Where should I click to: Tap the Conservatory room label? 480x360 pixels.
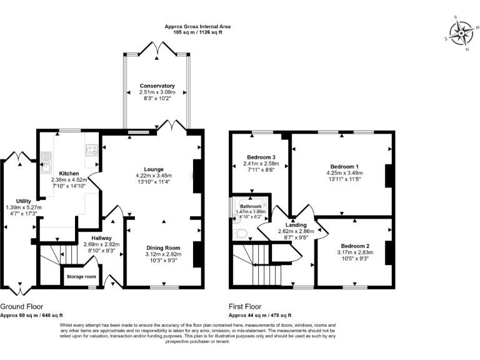[x=157, y=86]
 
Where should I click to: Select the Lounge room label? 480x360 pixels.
[x=154, y=169]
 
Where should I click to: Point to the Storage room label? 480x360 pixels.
[x=82, y=277]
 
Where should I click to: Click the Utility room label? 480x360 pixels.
[x=14, y=201]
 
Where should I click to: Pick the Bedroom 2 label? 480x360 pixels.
[x=356, y=246]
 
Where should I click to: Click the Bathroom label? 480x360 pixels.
[x=251, y=206]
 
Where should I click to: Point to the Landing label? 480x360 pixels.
[x=296, y=225]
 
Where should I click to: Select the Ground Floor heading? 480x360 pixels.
[x=22, y=306]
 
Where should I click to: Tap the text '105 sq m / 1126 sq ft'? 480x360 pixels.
[x=197, y=32]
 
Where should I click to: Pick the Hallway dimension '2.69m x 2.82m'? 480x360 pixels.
[x=102, y=244]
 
